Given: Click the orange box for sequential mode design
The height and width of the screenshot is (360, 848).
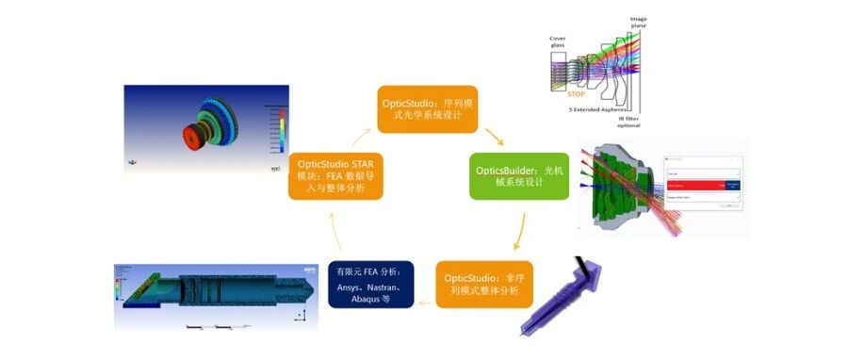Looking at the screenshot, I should click(430, 108).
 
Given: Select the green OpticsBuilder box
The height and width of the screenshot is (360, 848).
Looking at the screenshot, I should click(519, 174).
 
